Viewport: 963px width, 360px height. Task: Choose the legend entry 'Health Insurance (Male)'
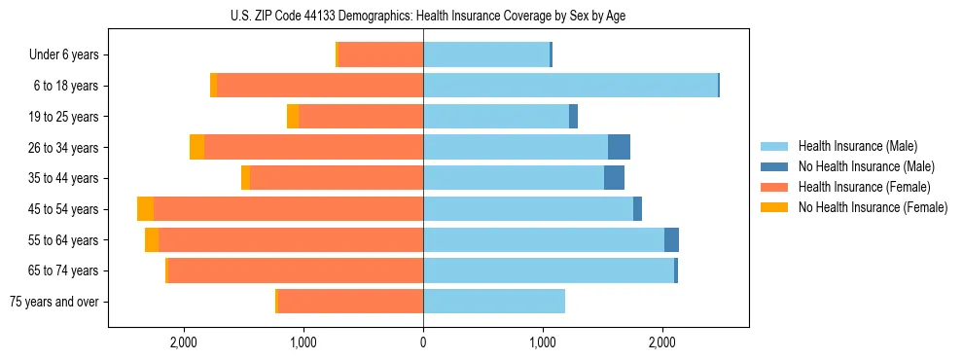pos(857,146)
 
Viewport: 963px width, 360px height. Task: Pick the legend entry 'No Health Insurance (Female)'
pos(873,207)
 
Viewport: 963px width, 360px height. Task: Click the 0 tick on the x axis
pos(423,342)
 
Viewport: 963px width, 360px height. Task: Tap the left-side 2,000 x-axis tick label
pos(184,342)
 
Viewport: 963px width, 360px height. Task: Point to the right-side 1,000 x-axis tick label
pos(543,342)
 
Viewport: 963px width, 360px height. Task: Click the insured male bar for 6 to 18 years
pos(570,86)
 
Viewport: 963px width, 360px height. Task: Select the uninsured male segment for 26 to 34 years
pos(619,147)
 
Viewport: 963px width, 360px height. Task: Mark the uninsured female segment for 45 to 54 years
pos(146,209)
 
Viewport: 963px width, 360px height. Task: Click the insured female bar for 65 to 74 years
pos(296,270)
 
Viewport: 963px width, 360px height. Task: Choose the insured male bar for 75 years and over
pos(494,302)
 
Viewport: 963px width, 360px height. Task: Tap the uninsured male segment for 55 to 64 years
pos(671,239)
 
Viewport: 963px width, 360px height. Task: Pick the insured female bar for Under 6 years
pos(380,54)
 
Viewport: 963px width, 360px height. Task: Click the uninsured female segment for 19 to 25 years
pos(293,117)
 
